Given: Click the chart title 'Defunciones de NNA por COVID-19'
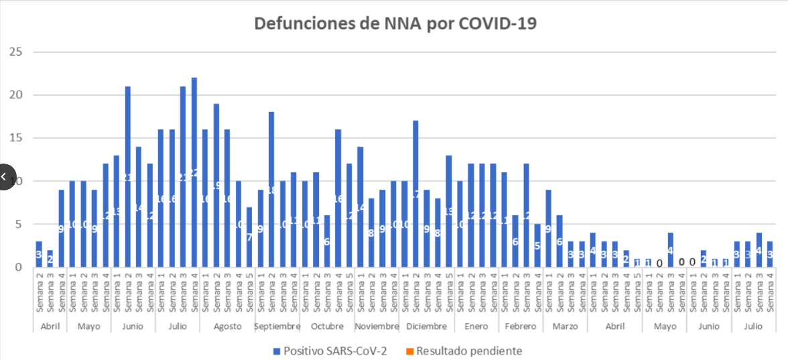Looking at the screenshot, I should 395,23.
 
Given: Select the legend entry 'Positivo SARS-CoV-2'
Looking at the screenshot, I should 329,351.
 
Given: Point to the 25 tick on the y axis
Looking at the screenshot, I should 15,52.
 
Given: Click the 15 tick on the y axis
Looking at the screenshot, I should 15,138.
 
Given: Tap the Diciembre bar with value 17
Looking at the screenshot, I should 416,194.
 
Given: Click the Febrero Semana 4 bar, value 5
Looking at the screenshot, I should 537,245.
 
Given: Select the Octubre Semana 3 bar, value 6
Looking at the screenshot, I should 326,241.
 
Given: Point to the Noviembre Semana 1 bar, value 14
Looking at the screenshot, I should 360,207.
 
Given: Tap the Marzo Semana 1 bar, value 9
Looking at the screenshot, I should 548,229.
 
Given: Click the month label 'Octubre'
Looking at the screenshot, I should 326,326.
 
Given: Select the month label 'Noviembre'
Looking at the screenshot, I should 377,326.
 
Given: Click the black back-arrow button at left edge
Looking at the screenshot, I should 5,177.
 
